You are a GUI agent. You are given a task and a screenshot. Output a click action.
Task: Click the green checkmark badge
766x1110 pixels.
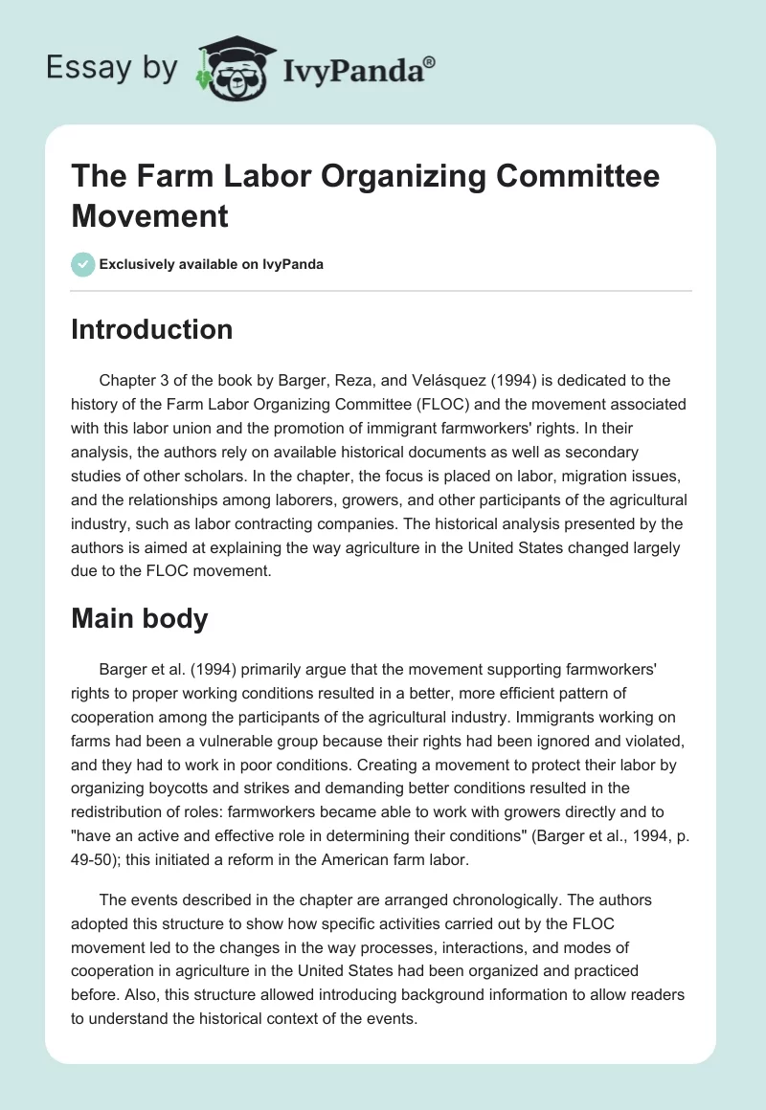click(83, 264)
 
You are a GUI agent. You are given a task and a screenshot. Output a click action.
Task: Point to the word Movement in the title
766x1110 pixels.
click(150, 215)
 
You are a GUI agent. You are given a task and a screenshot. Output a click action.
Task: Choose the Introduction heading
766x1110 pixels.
click(151, 329)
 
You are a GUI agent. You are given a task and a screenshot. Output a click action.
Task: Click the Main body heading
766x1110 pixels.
click(139, 618)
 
